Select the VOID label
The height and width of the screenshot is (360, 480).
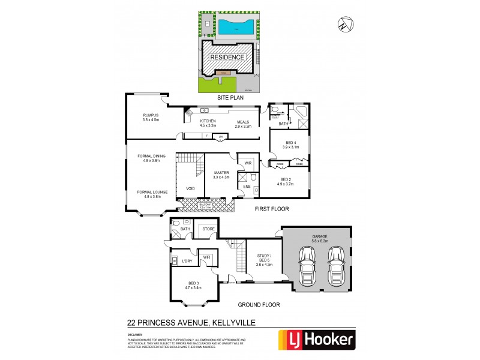[190, 188]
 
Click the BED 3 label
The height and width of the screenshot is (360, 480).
[193, 285]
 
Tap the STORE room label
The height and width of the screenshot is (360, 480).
[208, 229]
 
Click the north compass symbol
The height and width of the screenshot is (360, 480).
[342, 25]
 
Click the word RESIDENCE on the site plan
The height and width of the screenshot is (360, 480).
[227, 57]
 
